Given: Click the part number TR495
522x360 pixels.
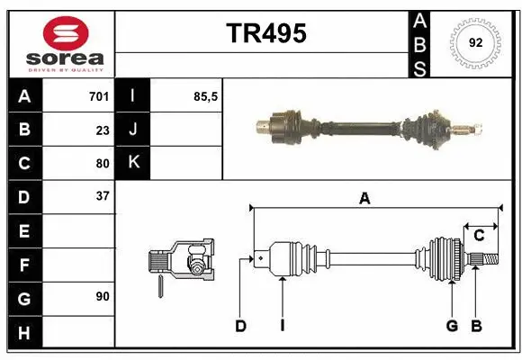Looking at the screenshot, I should click(265, 33).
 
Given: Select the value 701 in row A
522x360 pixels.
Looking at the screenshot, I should click(99, 96).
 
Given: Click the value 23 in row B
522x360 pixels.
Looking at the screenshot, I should click(102, 130).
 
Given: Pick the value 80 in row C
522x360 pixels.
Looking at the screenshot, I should click(102, 164).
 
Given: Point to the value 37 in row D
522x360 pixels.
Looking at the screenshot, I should click(102, 196).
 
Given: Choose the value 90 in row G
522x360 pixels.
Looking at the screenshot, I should click(102, 295).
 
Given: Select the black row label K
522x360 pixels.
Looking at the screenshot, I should click(133, 163).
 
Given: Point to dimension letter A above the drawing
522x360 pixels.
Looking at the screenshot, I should click(364, 199).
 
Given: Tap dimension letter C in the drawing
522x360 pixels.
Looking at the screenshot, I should click(479, 235).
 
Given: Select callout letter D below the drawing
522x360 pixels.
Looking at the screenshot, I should click(240, 326).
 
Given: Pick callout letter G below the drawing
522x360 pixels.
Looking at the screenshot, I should click(452, 326).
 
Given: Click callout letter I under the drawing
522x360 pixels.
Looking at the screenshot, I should click(282, 326).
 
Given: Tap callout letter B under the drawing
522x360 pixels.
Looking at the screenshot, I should click(477, 326).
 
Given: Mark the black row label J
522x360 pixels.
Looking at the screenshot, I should click(133, 130).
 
